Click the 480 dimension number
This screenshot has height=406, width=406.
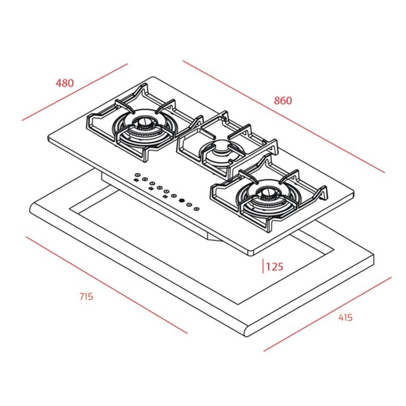tap(65, 83)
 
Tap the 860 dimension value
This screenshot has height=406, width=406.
tap(283, 101)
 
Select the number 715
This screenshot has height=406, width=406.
tap(86, 297)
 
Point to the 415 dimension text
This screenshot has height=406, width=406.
tap(345, 317)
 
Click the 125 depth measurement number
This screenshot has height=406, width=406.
tap(275, 267)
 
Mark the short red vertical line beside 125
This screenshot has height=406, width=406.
tap(263, 266)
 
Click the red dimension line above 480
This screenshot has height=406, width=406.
tap(75, 92)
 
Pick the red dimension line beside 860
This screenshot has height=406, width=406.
tap(283, 117)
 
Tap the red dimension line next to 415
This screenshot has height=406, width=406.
tap(327, 314)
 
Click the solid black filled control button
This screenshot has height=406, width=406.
tap(182, 200)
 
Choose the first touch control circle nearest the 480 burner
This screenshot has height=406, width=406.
tap(137, 175)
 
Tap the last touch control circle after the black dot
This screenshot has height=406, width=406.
tap(197, 209)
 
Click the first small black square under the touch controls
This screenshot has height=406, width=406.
tap(136, 180)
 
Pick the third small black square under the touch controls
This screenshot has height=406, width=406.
tap(165, 196)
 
